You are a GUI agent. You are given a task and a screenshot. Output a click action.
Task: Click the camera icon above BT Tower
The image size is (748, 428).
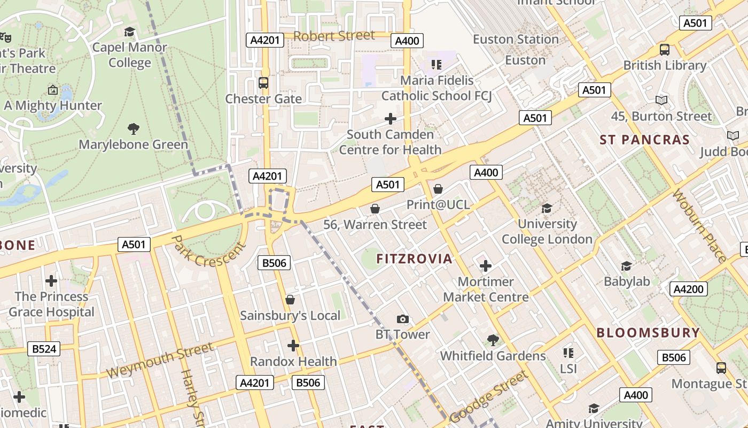pos(403,319)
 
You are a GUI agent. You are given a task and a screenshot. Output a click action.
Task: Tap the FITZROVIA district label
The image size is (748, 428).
pos(414,259)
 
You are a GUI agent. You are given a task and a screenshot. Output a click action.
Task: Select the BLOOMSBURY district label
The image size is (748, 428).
pos(648,332)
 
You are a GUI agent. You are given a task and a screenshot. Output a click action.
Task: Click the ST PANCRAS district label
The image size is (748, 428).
pos(644,140)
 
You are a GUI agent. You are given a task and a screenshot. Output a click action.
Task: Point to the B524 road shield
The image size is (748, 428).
pos(44,349)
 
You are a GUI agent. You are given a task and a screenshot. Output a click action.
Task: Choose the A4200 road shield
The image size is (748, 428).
pos(689,289)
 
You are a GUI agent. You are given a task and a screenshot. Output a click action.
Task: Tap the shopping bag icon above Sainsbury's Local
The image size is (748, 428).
pos(290,300)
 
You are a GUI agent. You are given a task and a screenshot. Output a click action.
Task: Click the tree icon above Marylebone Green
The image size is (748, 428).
pos(134,128)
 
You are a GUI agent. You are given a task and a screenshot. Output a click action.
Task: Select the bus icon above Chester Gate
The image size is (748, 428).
pos(263,83)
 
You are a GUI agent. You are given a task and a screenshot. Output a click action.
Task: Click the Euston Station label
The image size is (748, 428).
pos(516,40)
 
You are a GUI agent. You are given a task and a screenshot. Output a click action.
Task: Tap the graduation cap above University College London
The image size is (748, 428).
pos(547,208)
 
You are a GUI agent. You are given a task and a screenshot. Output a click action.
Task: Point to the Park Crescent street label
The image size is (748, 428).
pos(208,251)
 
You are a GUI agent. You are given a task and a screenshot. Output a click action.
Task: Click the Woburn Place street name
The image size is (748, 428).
pos(699,225)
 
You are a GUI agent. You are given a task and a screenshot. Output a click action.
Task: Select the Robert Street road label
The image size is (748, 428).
pos(334,36)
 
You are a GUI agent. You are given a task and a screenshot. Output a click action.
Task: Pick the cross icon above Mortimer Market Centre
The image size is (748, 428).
pos(485,265)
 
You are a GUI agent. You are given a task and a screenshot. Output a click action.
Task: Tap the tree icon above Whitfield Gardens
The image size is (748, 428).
pos(493,340)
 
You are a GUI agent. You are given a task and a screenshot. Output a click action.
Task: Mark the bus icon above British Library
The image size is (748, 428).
pos(665,50)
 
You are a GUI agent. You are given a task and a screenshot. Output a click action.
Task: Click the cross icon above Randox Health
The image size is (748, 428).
pos(293,345)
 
